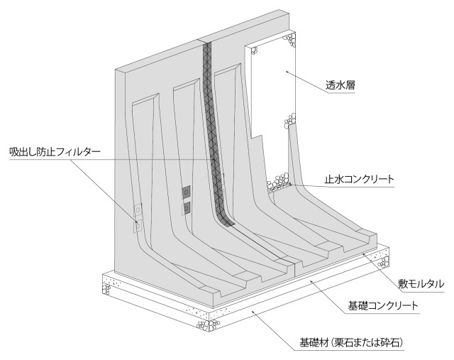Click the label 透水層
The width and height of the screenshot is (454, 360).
[340, 85]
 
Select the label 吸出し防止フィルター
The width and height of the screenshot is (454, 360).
[55, 152]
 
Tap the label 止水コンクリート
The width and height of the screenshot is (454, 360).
[360, 179]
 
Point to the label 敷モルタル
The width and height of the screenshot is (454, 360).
[421, 284]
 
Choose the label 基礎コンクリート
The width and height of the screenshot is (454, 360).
[383, 305]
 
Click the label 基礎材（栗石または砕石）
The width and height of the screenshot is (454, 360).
[351, 343]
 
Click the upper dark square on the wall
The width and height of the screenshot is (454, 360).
[186, 192]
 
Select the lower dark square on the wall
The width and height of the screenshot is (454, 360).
[187, 208]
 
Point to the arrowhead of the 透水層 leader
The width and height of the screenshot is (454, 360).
[287, 71]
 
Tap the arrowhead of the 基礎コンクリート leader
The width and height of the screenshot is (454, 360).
[311, 280]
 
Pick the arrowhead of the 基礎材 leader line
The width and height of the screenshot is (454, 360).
[253, 312]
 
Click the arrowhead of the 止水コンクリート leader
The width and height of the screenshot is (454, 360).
[290, 184]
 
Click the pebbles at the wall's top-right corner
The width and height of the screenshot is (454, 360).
[289, 40]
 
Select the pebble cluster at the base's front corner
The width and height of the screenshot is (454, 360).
[208, 324]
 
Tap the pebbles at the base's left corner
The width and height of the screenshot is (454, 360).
[106, 289]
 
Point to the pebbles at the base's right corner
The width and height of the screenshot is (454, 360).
[384, 261]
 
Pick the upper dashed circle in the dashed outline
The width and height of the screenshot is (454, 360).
[138, 209]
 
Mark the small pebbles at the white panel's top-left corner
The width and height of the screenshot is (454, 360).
[254, 51]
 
